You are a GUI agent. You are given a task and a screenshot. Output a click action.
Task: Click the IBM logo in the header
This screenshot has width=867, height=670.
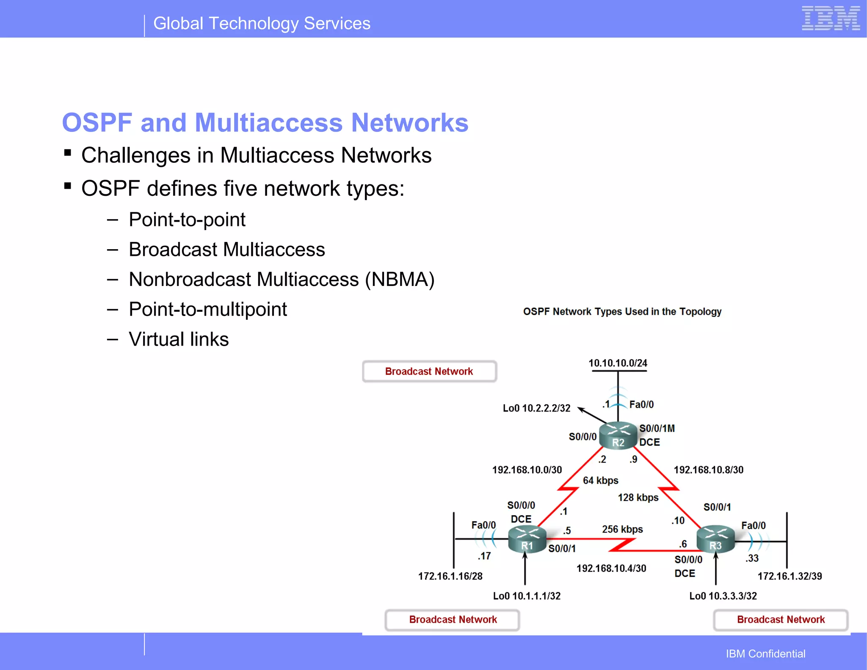coord(830,18)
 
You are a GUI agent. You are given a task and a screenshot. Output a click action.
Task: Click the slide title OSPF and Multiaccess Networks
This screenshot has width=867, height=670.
coord(265,123)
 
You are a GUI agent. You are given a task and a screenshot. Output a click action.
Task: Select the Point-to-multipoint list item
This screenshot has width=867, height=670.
coord(207,309)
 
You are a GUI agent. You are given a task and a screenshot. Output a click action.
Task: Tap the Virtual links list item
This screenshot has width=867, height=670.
coord(178,339)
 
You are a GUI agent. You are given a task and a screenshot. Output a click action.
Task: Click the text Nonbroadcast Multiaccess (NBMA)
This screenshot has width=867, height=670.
coord(282,280)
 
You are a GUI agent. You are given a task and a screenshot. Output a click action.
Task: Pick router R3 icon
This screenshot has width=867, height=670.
coord(715,539)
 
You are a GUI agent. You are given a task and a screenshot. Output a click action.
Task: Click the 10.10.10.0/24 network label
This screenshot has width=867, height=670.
coord(618,363)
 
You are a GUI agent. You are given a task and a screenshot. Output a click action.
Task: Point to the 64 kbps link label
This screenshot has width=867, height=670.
coord(600,481)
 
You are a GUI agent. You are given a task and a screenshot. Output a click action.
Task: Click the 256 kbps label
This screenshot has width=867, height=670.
coord(622,529)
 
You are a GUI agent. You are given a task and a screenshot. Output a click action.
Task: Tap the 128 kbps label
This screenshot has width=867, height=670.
coord(638,497)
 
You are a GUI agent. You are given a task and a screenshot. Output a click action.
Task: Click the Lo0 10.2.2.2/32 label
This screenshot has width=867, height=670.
coord(536,408)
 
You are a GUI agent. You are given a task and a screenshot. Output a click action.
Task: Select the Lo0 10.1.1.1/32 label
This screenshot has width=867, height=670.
coord(527,596)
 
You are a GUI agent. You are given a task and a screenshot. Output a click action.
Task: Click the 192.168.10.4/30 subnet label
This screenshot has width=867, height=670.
coord(611,568)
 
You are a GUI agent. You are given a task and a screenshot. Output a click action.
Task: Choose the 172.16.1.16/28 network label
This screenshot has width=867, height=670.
coord(450,576)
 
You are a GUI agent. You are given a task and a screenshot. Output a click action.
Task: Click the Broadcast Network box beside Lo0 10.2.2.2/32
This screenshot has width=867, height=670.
coord(429,371)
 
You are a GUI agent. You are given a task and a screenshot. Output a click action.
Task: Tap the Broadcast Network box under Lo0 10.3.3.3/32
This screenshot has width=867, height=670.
coord(781,620)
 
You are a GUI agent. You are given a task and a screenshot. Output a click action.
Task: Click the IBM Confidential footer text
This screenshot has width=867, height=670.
coord(765,654)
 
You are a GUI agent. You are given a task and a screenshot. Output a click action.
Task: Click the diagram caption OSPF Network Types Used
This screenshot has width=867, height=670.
coord(622,312)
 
